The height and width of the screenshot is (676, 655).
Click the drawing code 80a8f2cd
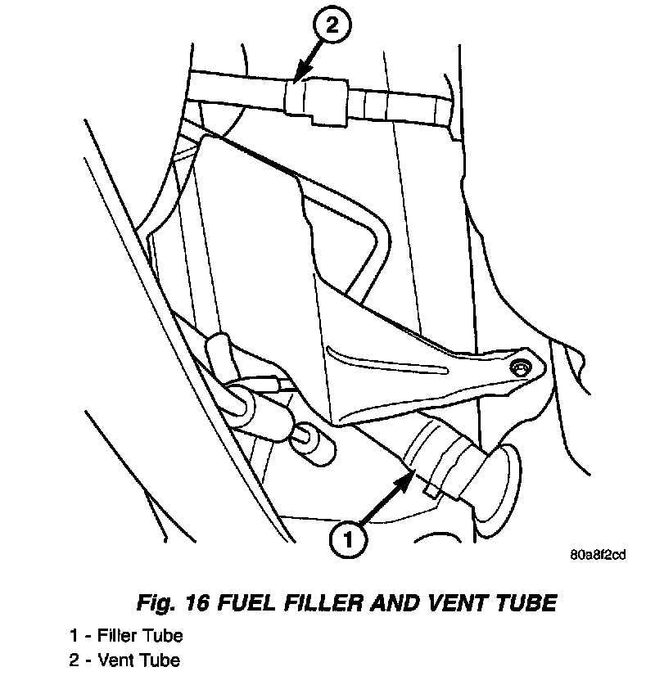point(599,555)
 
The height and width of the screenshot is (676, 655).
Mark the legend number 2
point(74,660)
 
